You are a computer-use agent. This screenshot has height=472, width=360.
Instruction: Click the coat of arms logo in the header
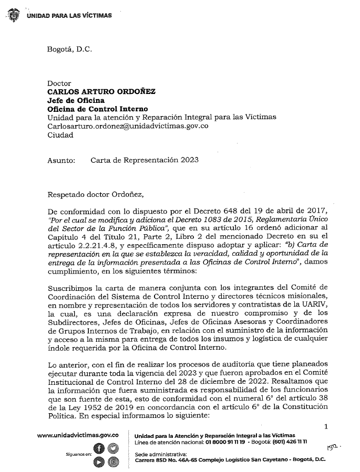[x=13, y=16]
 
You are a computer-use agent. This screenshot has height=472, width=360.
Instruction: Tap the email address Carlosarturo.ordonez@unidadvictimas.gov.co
[x=129, y=126]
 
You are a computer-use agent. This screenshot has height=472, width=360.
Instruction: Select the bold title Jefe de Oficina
[x=76, y=100]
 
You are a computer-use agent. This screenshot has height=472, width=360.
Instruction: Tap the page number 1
[x=326, y=427]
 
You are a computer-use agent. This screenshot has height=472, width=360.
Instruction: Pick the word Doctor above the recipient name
[x=59, y=83]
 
